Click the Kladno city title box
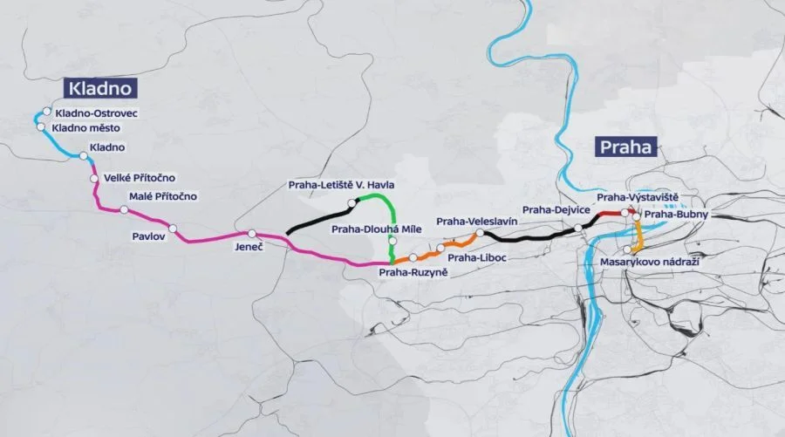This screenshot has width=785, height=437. (102, 88)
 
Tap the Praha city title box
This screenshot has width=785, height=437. (625, 147)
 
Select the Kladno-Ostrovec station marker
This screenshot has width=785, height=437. (47, 113)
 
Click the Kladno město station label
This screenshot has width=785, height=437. (85, 128)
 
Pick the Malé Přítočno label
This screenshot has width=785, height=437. (163, 196)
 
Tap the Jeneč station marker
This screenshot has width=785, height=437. (251, 234)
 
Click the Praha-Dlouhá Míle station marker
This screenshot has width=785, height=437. (393, 242)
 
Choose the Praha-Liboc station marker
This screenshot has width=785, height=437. (440, 248)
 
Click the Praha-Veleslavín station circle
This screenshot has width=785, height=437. (481, 234)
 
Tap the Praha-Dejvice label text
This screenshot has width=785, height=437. (557, 210)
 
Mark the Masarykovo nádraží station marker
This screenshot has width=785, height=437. (628, 249)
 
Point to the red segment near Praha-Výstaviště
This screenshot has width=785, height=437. (611, 215)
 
